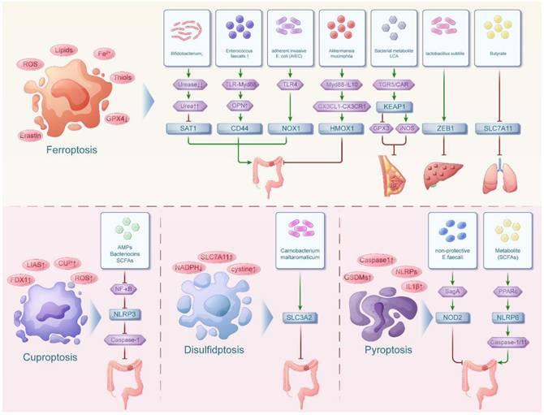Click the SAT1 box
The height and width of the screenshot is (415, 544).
click(x=192, y=128)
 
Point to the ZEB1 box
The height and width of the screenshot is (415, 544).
click(x=443, y=128)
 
